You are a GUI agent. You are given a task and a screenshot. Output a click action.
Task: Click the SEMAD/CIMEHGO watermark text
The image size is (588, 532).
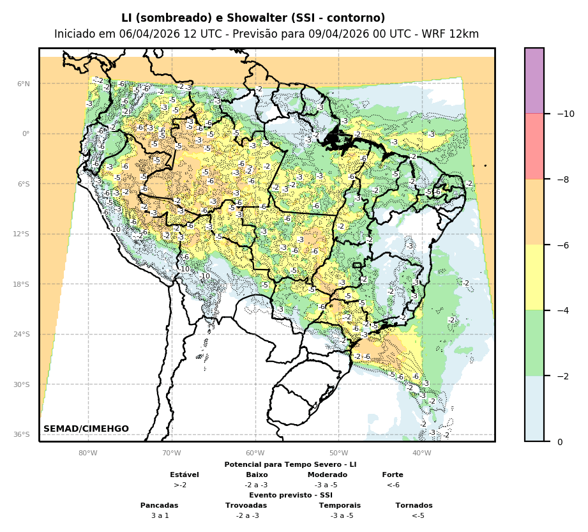[x=86, y=429]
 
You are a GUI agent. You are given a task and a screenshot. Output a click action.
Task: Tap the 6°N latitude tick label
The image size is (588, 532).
[x=23, y=84]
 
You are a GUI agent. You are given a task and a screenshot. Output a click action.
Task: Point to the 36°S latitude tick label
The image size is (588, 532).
[x=22, y=434]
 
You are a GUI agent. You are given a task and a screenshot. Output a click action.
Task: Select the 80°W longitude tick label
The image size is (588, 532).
[x=87, y=453]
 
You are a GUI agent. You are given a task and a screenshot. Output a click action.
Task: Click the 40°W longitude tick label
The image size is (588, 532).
[x=421, y=453]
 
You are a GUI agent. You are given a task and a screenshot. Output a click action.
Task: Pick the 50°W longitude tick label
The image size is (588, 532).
[x=338, y=453]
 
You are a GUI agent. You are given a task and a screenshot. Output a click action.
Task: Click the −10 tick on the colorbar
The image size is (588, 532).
[x=566, y=114]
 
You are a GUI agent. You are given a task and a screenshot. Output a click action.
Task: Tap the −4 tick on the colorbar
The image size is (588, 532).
[x=562, y=310]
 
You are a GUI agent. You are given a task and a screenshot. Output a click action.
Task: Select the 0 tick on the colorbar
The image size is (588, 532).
[x=560, y=441]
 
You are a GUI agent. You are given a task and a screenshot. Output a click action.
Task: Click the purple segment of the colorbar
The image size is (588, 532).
[x=534, y=80]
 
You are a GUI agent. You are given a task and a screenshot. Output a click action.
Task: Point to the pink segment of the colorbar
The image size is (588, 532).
[x=534, y=146]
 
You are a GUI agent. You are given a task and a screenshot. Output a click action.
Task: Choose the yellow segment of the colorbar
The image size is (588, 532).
[x=534, y=277]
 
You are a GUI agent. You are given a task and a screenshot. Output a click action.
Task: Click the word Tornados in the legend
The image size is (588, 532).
[x=414, y=505]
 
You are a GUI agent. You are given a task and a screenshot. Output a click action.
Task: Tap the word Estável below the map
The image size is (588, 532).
[x=185, y=475]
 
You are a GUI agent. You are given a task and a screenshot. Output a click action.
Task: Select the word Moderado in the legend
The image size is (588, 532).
[x=328, y=475]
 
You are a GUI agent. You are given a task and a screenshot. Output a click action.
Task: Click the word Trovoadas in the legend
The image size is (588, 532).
[x=246, y=505]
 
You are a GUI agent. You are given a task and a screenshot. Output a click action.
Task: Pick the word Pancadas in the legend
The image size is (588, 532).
[x=160, y=505]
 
